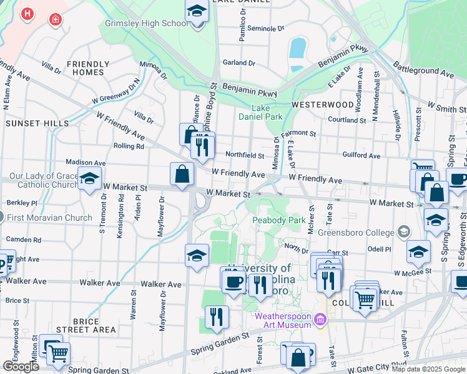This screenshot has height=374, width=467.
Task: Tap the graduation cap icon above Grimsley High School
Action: click(197, 12)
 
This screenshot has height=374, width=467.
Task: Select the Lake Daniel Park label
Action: click(260, 112)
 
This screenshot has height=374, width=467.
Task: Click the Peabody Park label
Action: click(278, 220)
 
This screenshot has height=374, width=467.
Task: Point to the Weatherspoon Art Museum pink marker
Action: click(321, 320)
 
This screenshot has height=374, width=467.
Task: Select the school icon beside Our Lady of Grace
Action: click(89, 179)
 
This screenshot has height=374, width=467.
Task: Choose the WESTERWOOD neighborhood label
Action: click(322, 104)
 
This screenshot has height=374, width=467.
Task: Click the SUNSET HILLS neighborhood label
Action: click(37, 123)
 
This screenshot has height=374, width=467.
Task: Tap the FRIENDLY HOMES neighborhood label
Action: click(89, 68)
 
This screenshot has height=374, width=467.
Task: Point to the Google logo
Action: click(21, 367)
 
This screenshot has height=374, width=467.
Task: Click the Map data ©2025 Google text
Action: click(428, 369)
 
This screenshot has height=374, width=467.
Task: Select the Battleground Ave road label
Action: click(423, 69)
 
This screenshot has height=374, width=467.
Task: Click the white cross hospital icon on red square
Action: click(56, 19)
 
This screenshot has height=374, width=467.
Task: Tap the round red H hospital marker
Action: click(27, 14)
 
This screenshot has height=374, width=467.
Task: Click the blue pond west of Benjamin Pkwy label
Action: click(298, 47)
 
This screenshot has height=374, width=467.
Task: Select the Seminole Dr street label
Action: click(265, 29)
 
